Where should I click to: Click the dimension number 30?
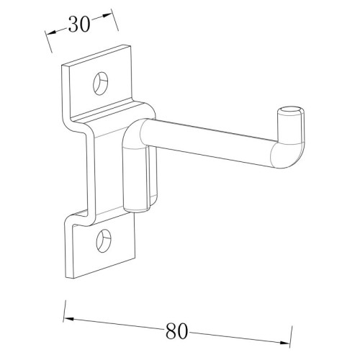tap(79, 24)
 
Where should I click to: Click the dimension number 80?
tap(176, 331)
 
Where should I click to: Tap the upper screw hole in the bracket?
tap(100, 83)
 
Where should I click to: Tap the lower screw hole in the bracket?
tap(104, 240)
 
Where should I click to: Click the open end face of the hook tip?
tap(291, 111)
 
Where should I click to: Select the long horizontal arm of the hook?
tap(207, 142)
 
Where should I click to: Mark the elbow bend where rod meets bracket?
tap(133, 135)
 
